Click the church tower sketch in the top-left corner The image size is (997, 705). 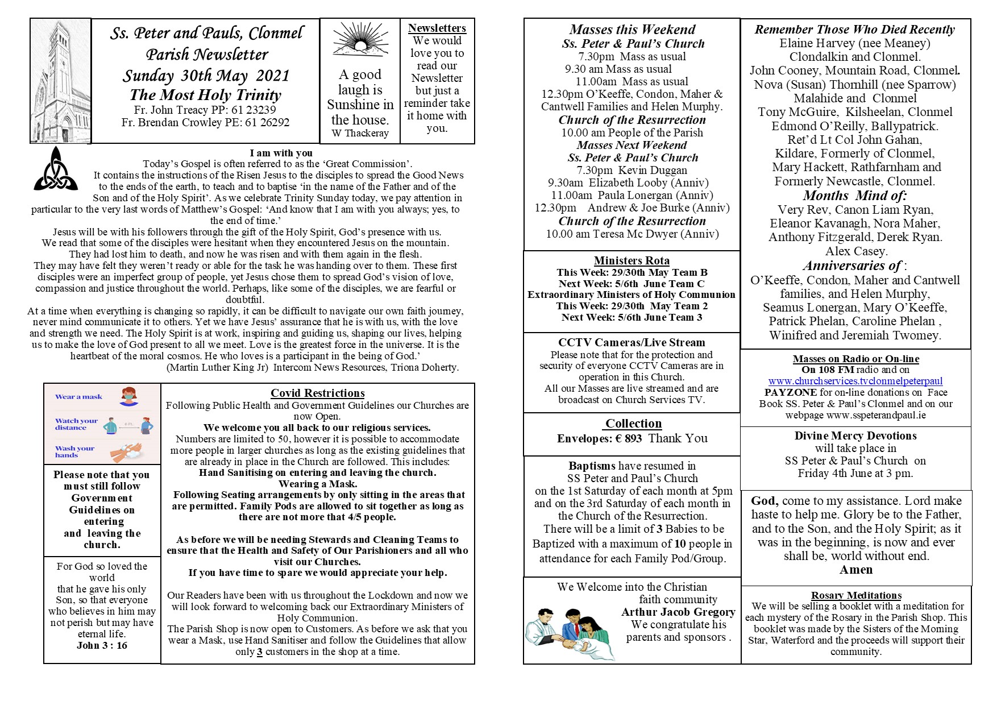click(x=60, y=81)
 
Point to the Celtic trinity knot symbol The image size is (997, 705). click(x=56, y=169)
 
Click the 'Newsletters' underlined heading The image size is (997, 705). click(x=437, y=28)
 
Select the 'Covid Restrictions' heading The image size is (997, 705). click(x=317, y=393)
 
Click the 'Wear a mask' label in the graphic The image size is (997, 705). click(x=78, y=397)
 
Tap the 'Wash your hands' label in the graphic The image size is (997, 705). click(x=74, y=451)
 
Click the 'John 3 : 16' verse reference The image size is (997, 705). click(x=102, y=645)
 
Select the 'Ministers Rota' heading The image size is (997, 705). click(x=632, y=260)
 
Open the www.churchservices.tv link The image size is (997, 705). click(x=855, y=381)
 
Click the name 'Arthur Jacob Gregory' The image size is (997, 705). click(x=678, y=612)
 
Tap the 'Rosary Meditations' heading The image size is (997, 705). click(x=856, y=595)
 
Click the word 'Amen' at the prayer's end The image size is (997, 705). click(x=856, y=570)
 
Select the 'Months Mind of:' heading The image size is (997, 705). click(x=855, y=196)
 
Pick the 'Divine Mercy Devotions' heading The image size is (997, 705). click(x=855, y=436)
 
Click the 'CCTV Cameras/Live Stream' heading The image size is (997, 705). click(x=632, y=342)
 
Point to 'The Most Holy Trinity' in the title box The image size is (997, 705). click(x=205, y=95)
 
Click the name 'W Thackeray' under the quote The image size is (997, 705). click(x=360, y=133)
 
